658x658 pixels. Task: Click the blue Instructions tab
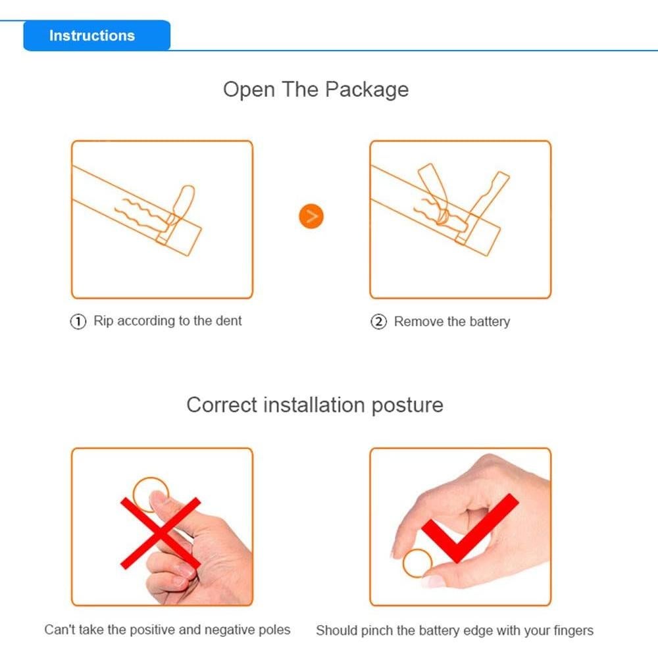97,36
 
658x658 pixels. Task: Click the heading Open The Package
316,89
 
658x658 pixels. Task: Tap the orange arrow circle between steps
311,216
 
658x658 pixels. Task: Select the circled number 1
78,322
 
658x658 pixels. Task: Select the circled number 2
378,322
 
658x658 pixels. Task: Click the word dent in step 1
229,320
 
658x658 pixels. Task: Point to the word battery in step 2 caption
490,322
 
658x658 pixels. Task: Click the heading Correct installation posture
315,405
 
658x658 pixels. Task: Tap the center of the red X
161,534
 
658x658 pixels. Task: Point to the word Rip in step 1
103,321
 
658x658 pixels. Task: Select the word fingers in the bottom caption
573,631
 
